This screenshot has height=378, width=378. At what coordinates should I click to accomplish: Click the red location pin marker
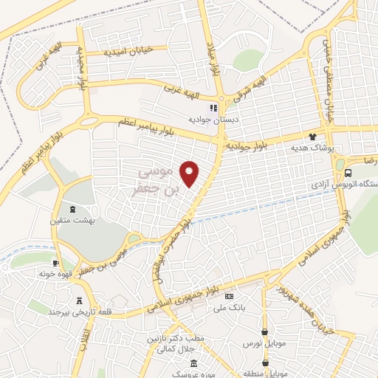point(190,173)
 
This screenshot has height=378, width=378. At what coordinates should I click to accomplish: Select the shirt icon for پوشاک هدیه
point(312,137)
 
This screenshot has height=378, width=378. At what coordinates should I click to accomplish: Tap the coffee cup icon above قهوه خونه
point(55,263)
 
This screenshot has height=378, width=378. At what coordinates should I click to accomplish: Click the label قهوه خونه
point(55,274)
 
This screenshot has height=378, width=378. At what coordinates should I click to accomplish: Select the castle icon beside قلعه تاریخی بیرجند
point(80,300)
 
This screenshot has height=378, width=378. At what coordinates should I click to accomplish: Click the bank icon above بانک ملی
point(230,296)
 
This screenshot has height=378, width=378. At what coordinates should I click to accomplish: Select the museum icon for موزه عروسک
point(193,363)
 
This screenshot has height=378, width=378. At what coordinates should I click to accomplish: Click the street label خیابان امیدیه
point(127,51)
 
